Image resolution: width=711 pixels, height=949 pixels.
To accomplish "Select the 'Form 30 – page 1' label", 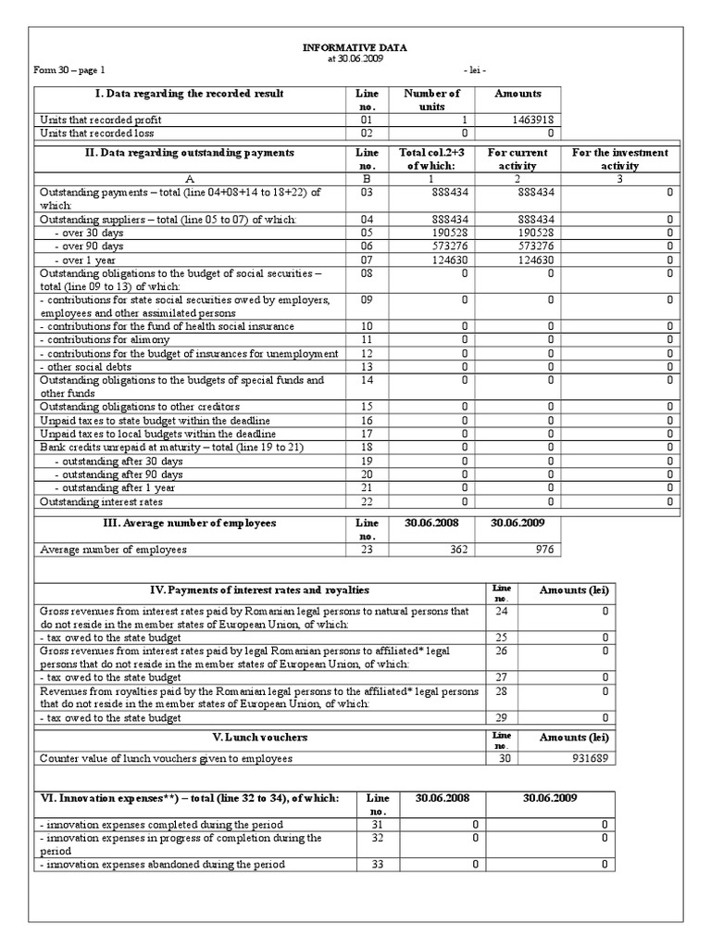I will tap(69, 70).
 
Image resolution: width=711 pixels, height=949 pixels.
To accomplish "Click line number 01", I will tap(367, 120).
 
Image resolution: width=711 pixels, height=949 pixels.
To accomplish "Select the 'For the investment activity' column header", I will tap(620, 158).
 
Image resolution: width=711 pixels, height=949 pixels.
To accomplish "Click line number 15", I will tap(367, 407).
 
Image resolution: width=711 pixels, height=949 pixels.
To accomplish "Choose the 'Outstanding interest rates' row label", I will tap(100, 502).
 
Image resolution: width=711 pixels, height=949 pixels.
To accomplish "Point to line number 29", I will tap(501, 717).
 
